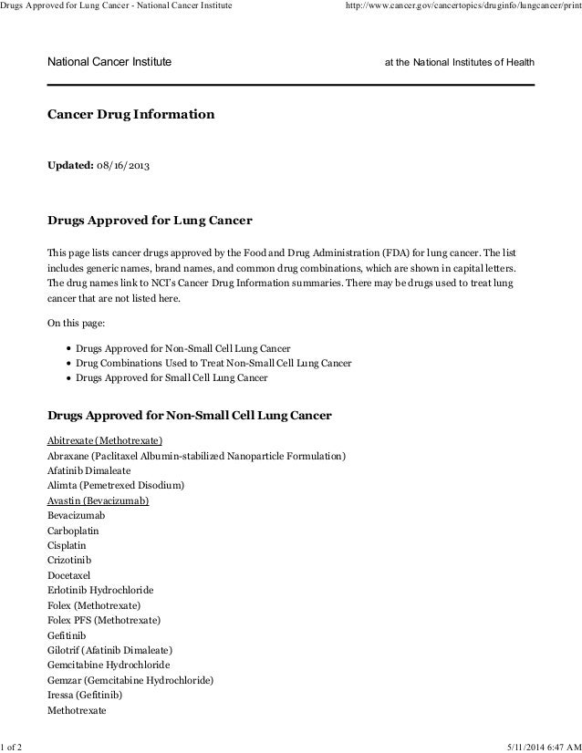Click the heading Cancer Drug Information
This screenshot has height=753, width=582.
click(x=131, y=116)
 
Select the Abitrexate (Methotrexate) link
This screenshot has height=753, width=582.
click(x=105, y=440)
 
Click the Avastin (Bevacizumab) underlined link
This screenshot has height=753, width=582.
click(x=98, y=500)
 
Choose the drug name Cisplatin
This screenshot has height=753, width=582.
click(x=68, y=545)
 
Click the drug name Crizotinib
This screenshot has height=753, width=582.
click(x=69, y=560)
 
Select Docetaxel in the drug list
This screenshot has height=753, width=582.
click(x=69, y=575)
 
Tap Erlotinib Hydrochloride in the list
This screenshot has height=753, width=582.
click(x=99, y=590)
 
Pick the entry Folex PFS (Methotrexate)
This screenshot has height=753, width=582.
click(x=103, y=620)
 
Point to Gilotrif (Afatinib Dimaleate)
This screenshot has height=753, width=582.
click(x=109, y=650)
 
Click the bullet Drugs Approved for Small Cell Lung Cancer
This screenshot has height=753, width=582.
click(x=171, y=376)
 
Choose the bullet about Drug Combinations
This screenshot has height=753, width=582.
click(x=213, y=363)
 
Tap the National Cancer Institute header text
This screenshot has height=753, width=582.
click(x=109, y=62)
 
